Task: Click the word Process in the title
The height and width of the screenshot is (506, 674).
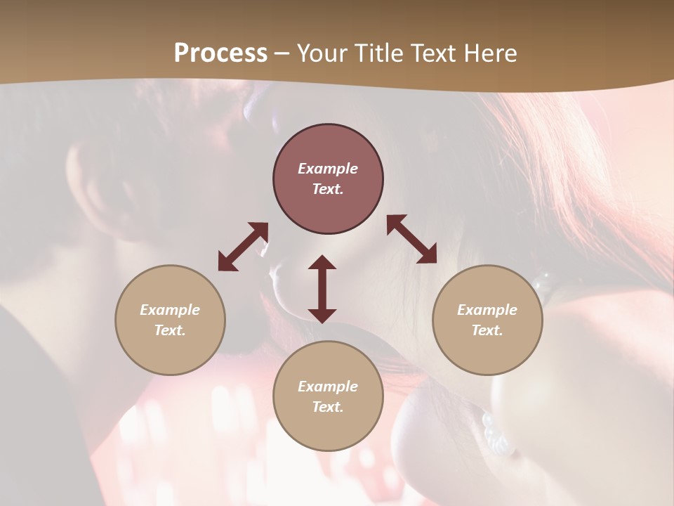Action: pos(220,53)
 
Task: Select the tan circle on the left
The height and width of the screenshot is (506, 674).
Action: pos(170,351)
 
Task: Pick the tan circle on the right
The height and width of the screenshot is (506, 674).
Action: pos(487,351)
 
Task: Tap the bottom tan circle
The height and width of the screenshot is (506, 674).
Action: pos(328,429)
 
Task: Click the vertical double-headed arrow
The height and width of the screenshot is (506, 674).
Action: pos(322,289)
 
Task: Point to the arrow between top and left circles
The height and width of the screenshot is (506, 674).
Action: pos(243,247)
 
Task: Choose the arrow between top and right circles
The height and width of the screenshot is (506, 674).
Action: pos(411,239)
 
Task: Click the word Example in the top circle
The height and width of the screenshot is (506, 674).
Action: pos(328,169)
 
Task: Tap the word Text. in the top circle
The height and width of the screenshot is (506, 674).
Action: pos(328,189)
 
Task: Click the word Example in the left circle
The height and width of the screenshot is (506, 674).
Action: pos(170,310)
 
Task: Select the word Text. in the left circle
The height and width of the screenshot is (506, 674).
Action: pos(170,330)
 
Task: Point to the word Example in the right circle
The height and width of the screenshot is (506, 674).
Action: pos(487,310)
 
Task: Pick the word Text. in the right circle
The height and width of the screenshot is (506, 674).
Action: pos(487,330)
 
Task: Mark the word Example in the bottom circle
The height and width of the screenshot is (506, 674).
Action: pos(328,387)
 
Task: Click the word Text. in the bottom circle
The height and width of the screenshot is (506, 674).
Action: pos(328,407)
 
